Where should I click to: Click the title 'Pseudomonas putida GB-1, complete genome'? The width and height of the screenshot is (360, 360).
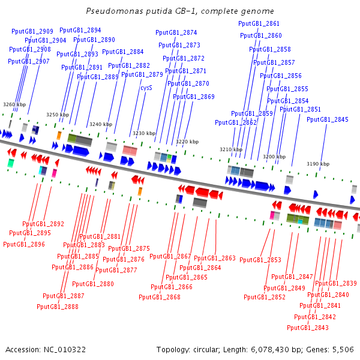tap(180, 11)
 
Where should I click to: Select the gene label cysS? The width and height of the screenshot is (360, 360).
tap(146, 88)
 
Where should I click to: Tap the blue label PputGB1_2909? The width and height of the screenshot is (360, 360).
tap(32, 31)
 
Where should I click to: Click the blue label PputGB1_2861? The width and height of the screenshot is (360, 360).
tap(259, 23)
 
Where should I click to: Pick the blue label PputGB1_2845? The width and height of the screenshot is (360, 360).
tap(328, 119)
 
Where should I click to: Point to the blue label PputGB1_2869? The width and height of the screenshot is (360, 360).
tap(194, 97)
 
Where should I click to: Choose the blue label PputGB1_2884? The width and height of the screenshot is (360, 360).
tap(123, 52)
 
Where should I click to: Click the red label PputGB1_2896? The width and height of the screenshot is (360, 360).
tap(24, 244)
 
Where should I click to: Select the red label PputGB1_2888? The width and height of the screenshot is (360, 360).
tap(58, 307)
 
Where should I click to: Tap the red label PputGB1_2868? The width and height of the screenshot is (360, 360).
tap(160, 297)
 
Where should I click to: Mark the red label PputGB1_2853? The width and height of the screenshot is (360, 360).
tap(260, 260)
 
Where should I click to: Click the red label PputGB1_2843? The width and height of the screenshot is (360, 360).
tap(308, 328)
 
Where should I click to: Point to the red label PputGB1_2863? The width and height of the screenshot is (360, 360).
tap(215, 258)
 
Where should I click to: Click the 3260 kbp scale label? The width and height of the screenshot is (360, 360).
tap(14, 104)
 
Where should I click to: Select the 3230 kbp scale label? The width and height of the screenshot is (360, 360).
tap(144, 133)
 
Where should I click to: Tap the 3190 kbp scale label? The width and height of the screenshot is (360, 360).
tap(318, 164)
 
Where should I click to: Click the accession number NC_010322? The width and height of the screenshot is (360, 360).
tap(65, 350)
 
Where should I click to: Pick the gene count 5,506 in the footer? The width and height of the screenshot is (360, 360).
tap(343, 350)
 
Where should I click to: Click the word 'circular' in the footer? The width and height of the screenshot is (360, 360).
tap(205, 350)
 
